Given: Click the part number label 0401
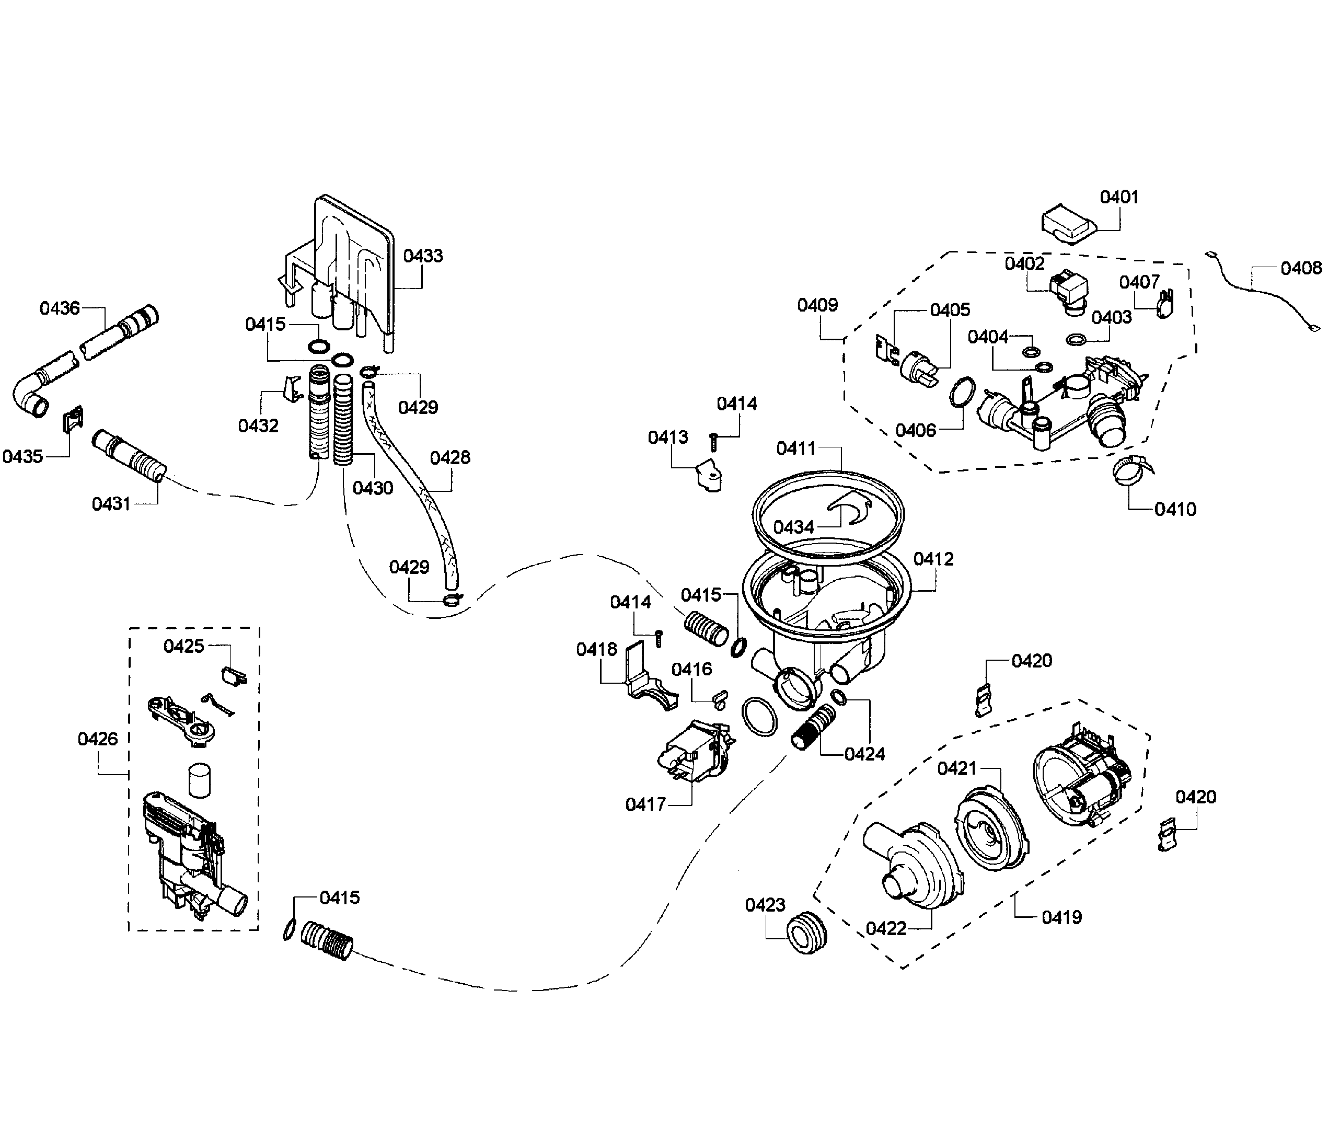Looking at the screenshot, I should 1119,197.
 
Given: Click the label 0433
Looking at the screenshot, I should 423,256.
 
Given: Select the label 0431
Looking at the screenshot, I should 111,504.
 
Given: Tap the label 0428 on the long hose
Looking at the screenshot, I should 449,457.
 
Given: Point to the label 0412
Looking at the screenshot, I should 933,559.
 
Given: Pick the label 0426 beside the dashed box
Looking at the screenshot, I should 97,739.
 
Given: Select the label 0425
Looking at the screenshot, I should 183,646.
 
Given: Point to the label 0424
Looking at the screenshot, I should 864,754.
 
